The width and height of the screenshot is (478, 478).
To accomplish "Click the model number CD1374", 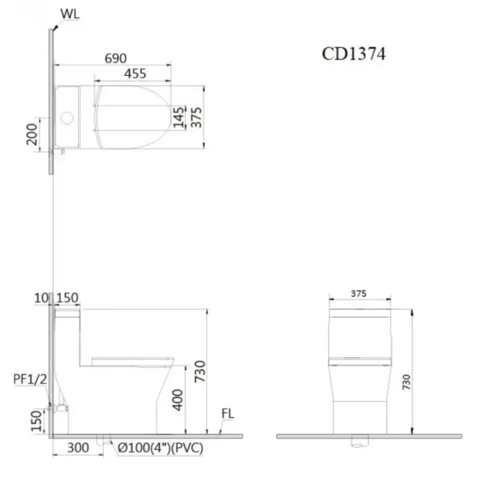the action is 354,54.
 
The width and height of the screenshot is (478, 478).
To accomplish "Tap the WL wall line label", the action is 70,14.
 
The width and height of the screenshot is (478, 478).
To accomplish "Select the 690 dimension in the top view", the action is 115,58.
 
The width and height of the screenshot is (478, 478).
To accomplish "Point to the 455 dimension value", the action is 135,73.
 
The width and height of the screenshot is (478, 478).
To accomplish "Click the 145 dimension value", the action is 179,117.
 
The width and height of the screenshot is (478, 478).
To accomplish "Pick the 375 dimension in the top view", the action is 196,117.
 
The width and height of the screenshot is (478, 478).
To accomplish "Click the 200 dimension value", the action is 32,134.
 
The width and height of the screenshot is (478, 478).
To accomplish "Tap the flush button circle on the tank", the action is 67,118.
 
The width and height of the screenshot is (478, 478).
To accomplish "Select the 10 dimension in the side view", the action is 41,298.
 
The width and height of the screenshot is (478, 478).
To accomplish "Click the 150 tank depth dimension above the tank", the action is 68,298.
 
